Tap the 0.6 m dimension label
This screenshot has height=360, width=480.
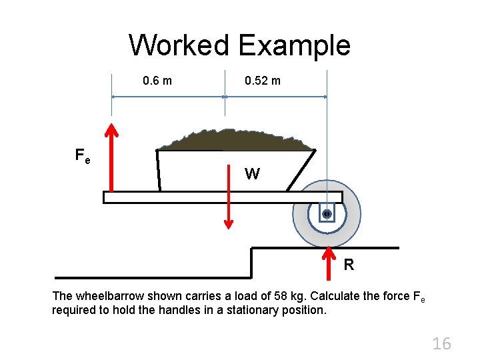point(157,81)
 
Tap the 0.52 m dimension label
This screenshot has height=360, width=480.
point(263,81)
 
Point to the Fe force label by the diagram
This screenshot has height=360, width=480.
point(83,157)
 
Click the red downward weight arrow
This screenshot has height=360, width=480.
point(229,193)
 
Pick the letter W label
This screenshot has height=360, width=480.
point(252,175)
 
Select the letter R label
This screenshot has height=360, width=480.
point(349,265)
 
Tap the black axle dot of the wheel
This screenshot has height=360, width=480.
point(327,214)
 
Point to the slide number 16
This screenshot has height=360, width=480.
point(441,344)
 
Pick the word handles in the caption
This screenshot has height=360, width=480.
point(179,310)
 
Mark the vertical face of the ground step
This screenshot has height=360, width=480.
point(251,263)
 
